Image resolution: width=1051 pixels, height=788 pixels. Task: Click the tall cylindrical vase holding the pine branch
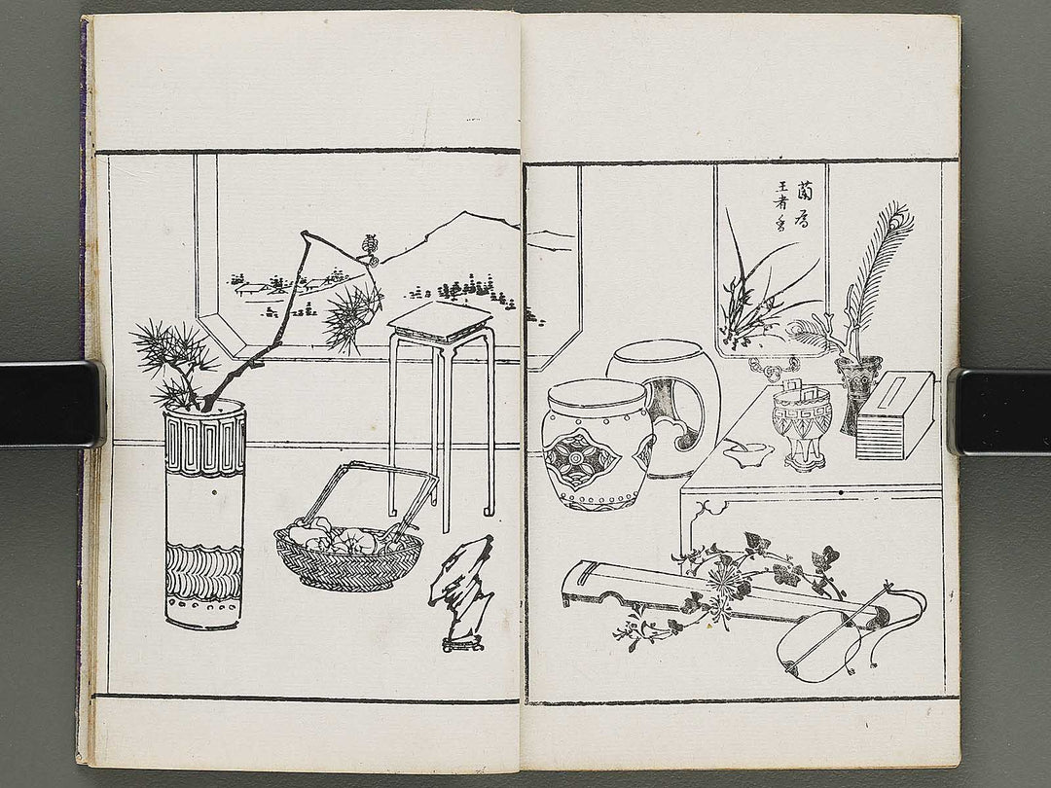[x=204, y=516]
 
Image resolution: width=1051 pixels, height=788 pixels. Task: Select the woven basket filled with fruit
[x=347, y=555]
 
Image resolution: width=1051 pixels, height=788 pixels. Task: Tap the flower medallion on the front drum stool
[x=581, y=460]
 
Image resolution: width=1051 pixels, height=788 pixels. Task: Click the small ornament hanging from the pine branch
[x=369, y=251]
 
